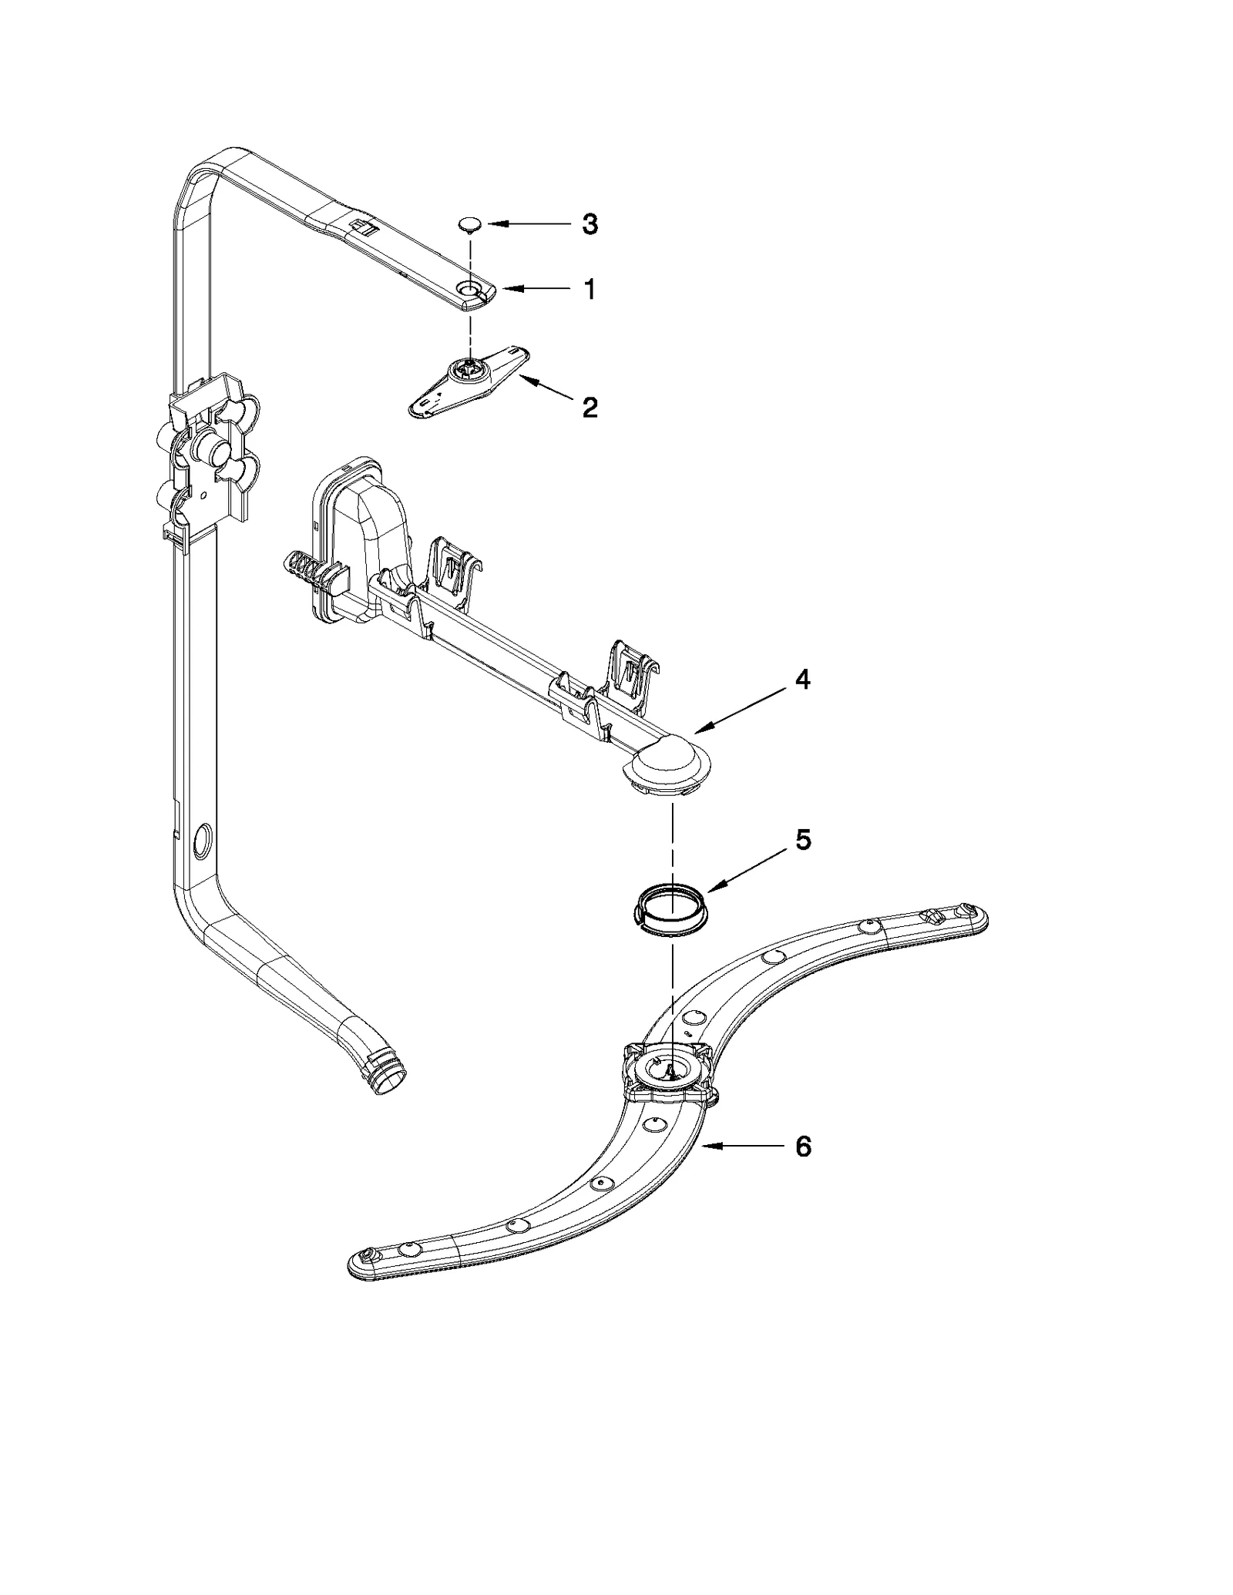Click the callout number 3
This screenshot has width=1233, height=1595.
[x=589, y=225]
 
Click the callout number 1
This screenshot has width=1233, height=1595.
[x=590, y=290]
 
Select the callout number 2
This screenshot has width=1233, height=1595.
[x=590, y=408]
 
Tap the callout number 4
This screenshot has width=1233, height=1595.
[x=802, y=680]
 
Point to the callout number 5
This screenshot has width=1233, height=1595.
[x=802, y=840]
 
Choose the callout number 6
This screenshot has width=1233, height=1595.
[x=802, y=1169]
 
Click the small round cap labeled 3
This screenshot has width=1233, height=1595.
[x=470, y=224]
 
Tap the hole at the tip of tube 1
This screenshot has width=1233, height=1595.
[x=468, y=288]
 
